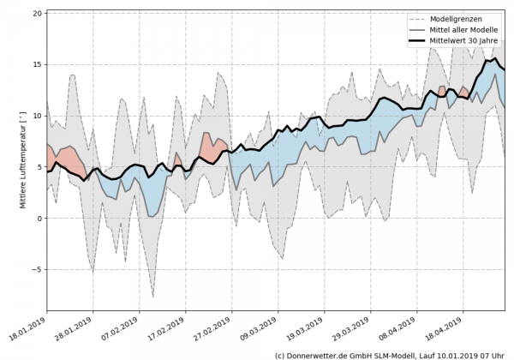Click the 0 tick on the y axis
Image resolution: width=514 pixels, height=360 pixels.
(x=39, y=219)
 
